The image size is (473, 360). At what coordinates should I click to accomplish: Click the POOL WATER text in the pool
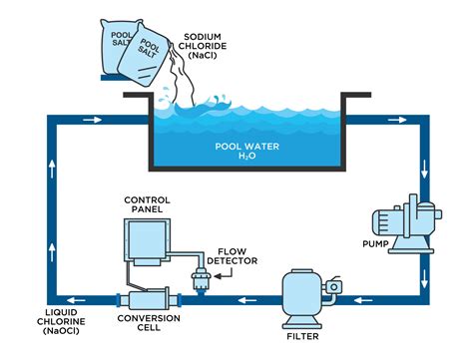[245, 145]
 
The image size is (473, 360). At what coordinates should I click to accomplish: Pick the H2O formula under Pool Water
[245, 157]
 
